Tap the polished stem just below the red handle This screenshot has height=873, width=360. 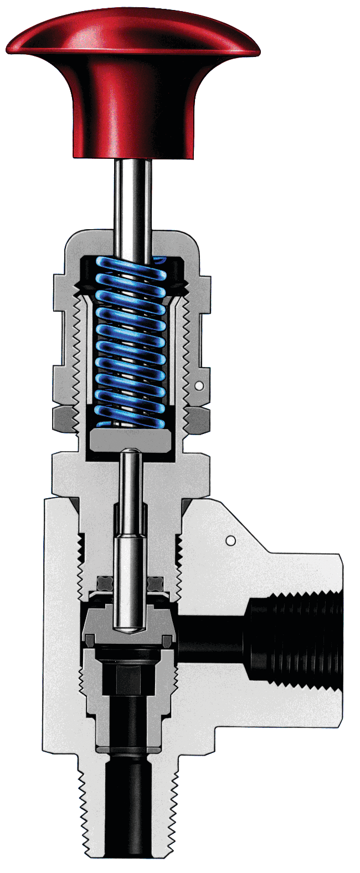133,194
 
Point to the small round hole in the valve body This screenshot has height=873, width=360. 231,540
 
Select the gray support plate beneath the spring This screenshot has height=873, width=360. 133,441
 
